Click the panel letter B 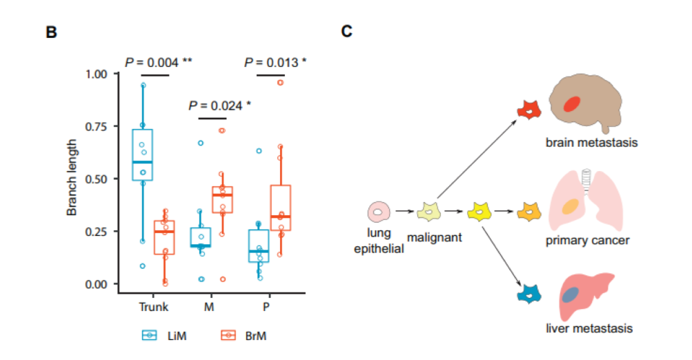[50, 32]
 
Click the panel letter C [347, 32]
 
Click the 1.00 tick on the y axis [96, 74]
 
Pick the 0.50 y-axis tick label [96, 179]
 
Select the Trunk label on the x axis [154, 307]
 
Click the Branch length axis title [72, 179]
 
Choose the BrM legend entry [246, 335]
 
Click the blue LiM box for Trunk [142, 154]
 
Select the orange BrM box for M [222, 199]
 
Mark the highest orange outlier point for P [280, 83]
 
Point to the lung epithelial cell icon [379, 211]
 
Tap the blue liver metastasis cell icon [528, 295]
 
